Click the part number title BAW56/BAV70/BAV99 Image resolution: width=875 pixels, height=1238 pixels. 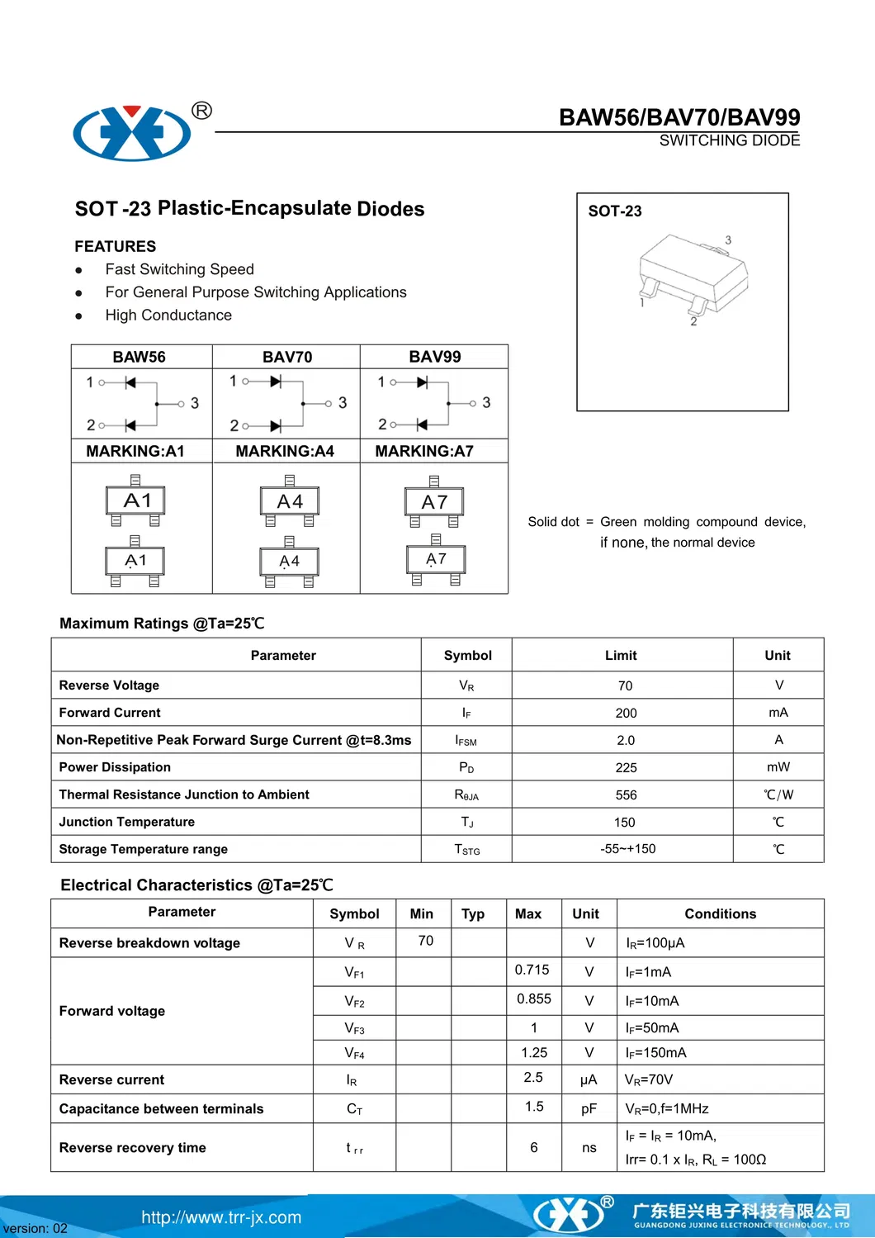point(679,117)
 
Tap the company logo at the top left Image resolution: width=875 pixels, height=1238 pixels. point(132,132)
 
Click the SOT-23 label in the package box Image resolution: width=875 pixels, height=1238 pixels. point(614,211)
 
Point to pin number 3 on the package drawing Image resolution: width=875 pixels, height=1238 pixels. point(728,240)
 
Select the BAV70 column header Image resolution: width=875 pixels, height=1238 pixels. point(286,357)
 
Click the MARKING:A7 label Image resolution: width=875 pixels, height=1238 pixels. point(424,451)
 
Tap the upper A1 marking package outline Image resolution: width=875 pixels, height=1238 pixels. point(136,500)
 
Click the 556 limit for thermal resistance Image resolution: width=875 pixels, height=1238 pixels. point(626,795)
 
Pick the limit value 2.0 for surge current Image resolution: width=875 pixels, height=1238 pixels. point(626,740)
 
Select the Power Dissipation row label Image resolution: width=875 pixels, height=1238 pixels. point(115,767)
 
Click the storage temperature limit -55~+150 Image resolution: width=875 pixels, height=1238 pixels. point(627,848)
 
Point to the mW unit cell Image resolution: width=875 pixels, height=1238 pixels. point(778,767)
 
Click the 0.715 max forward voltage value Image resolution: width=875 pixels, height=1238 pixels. point(532,970)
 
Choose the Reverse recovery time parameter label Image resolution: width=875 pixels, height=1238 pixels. point(132,1147)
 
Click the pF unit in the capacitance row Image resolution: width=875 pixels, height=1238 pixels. point(588,1108)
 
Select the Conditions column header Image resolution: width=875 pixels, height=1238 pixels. point(720,913)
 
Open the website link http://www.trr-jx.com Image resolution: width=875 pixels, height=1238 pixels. point(221,1217)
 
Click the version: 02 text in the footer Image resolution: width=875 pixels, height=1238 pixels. point(35,1228)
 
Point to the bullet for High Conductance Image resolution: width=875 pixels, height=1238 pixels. point(78,315)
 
